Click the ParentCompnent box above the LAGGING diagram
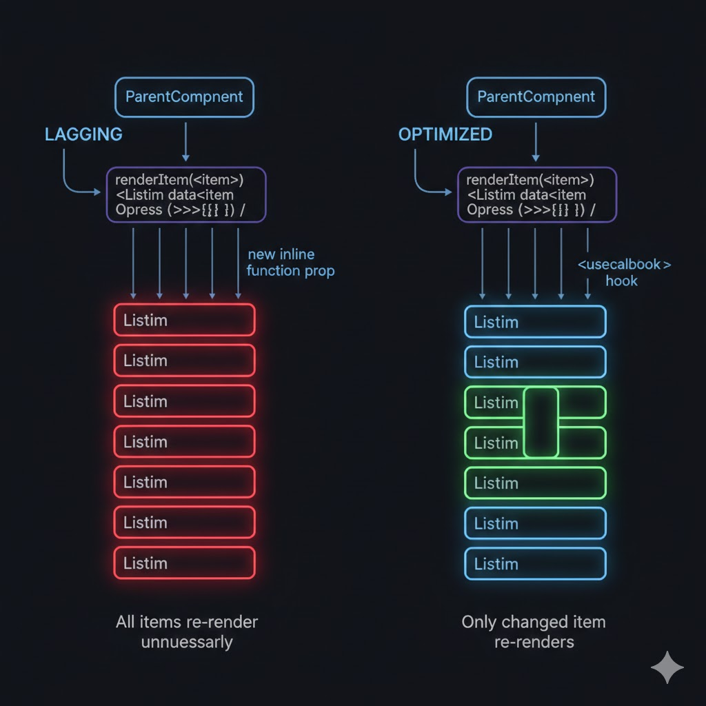184,97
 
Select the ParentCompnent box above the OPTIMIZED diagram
536,97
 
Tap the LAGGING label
83,134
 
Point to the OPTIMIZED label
445,134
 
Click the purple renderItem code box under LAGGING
185,194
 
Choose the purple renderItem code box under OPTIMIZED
537,194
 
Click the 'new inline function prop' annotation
290,263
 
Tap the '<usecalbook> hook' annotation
623,272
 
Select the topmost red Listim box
184,320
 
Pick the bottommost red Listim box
184,563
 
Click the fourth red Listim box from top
184,441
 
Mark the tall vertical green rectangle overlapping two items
541,422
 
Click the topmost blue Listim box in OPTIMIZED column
536,321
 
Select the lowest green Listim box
536,483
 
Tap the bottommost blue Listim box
536,564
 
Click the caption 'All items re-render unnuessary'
187,632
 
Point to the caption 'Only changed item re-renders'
534,632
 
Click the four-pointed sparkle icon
667,667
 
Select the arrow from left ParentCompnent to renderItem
185,141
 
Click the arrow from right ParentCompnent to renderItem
536,141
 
